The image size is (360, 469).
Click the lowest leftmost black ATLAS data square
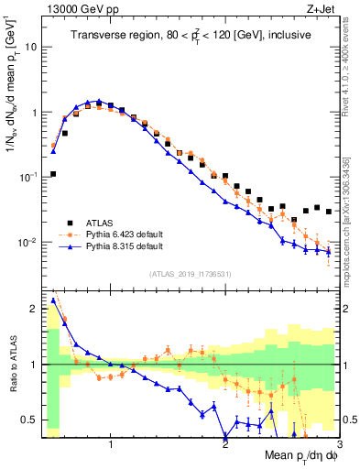tap(53, 174)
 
